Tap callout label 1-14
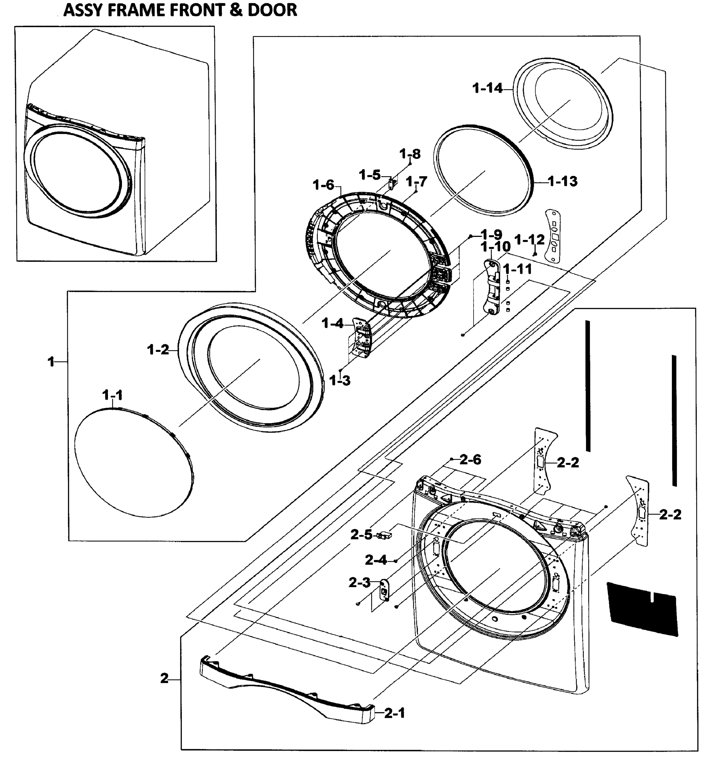[x=488, y=88]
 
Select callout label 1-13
[x=563, y=181]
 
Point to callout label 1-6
[x=323, y=185]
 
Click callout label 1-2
[x=158, y=349]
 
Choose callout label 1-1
[x=112, y=395]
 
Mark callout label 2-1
[x=394, y=713]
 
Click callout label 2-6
[x=470, y=460]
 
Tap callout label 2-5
[x=361, y=535]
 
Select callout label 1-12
[x=529, y=240]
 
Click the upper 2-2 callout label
[x=568, y=462]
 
